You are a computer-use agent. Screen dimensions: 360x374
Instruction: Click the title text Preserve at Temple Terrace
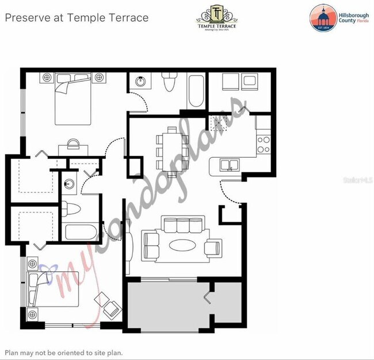point(77,17)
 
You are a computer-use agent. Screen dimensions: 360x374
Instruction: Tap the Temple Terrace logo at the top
point(216,17)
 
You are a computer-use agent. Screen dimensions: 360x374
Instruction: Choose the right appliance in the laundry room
point(250,81)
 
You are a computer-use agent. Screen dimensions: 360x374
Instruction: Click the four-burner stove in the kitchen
point(264,144)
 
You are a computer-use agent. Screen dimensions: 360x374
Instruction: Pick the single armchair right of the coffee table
point(213,247)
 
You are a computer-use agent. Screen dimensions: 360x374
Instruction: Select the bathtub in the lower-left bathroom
point(81,234)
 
